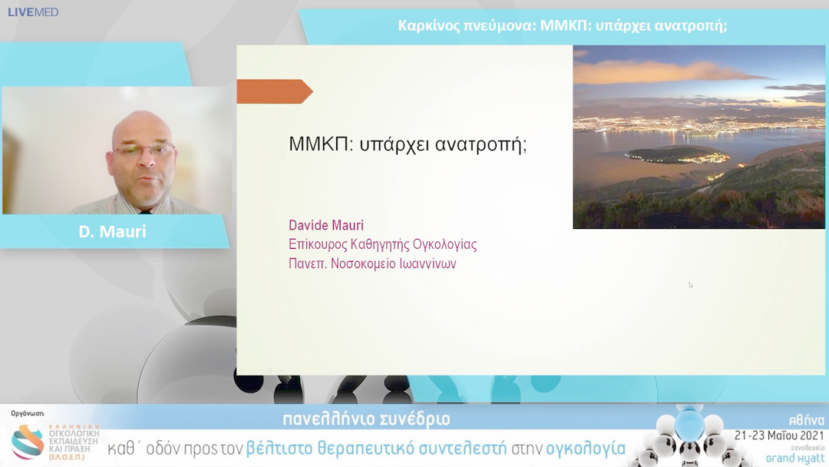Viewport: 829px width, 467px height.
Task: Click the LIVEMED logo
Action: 33,12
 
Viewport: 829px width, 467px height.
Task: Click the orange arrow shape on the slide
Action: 273,91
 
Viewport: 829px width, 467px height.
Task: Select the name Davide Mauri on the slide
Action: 325,225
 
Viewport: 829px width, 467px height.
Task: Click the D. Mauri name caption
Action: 112,231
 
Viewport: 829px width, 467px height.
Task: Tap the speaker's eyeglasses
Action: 144,150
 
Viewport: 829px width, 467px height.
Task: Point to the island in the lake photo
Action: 675,155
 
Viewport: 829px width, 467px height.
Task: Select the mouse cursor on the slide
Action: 690,285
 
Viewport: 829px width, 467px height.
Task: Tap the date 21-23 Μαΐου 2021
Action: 779,435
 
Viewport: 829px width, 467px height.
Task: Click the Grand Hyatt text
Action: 795,458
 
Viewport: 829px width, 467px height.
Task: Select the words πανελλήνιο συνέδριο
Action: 366,419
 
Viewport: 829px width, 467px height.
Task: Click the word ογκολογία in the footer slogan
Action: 586,449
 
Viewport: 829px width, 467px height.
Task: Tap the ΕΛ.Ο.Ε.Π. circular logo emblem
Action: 28,442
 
